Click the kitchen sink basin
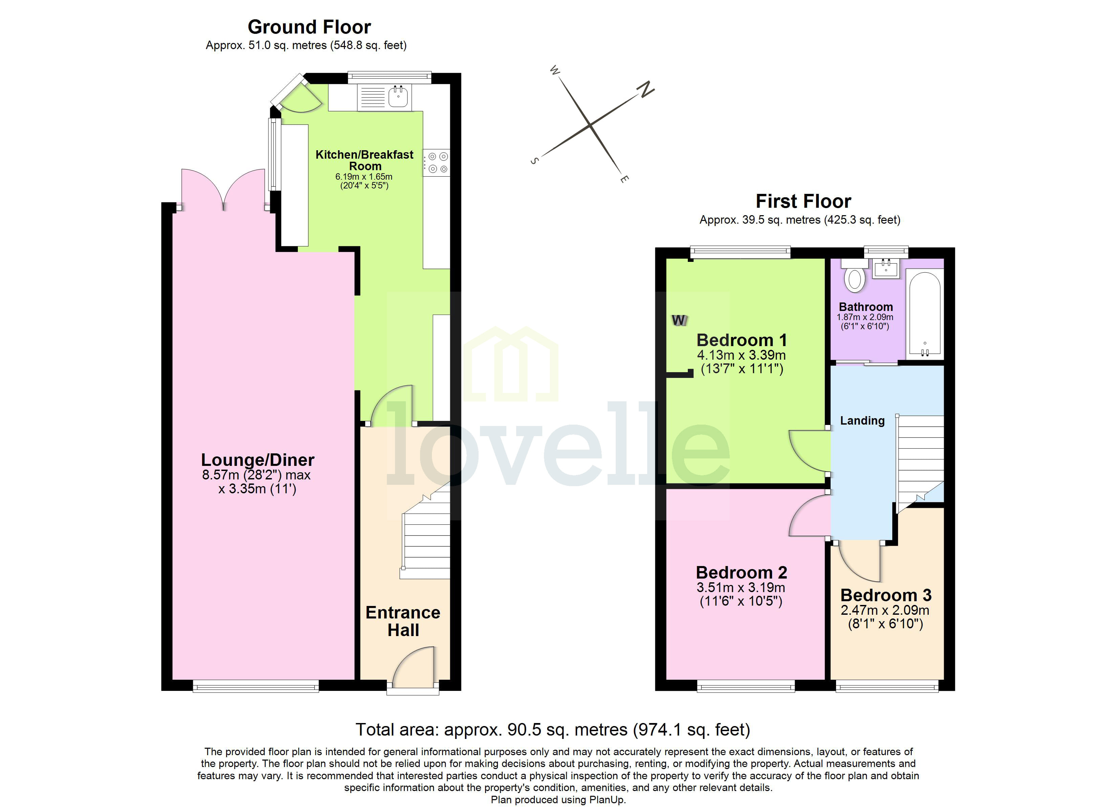coord(398,96)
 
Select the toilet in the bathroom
coord(855,279)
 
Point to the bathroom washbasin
coord(886,269)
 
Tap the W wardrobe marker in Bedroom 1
coord(679,320)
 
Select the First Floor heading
coord(803,201)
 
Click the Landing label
coord(862,421)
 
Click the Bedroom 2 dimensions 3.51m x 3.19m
coord(741,587)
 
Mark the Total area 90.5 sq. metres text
coord(553,729)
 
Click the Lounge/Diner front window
coord(256,686)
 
